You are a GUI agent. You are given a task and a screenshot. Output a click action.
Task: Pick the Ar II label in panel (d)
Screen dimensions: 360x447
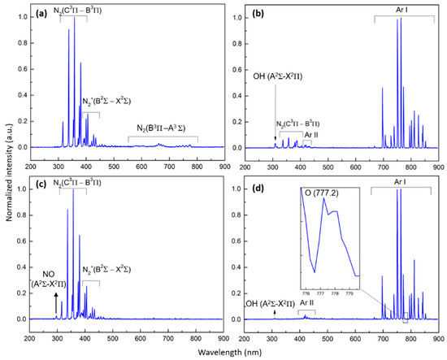coord(308,303)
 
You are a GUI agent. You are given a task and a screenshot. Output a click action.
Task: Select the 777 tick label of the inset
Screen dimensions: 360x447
coord(320,284)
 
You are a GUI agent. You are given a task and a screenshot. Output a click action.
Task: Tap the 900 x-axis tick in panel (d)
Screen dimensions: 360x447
coord(438,329)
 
